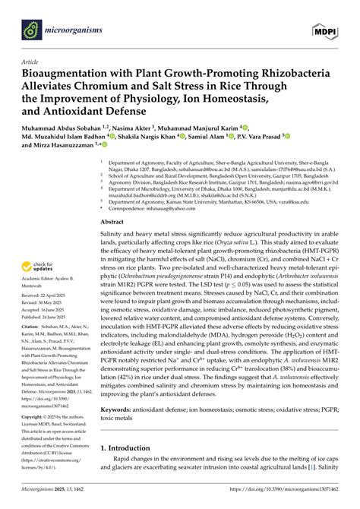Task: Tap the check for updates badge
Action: click(38, 267)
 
